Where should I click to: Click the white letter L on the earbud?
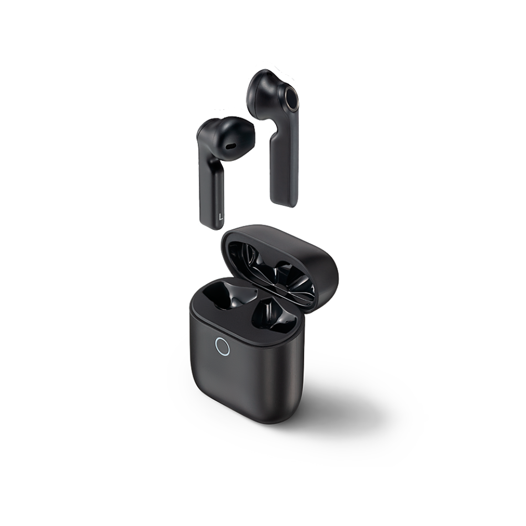pyautogui.click(x=220, y=216)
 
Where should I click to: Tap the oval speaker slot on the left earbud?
pyautogui.click(x=230, y=147)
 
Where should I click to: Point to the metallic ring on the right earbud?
pyautogui.click(x=291, y=99)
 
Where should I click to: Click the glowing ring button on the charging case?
pyautogui.click(x=222, y=346)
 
